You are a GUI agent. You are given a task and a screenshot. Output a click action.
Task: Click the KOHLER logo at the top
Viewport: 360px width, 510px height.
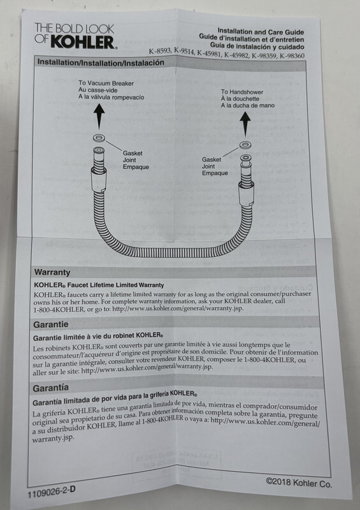75,36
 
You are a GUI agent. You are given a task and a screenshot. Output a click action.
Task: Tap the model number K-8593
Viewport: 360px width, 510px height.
160,51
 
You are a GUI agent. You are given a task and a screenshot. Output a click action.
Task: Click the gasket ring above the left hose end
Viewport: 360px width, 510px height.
99,138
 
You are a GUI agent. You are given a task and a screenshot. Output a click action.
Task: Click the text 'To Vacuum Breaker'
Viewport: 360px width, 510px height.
106,84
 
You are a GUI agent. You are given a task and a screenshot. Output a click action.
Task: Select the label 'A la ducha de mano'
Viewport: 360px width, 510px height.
248,105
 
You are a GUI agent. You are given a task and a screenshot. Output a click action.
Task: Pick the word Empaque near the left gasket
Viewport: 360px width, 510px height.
136,167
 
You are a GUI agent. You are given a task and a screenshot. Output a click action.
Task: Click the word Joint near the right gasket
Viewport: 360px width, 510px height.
208,166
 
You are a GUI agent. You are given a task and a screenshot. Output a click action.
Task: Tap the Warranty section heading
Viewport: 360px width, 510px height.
52,272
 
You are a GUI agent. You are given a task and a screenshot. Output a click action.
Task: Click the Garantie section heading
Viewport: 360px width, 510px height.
51,324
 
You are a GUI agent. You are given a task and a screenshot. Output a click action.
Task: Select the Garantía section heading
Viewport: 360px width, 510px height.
51,388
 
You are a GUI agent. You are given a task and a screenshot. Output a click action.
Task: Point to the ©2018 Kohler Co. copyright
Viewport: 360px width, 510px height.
299,483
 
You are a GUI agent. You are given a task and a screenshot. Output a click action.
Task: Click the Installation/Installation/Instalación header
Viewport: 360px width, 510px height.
101,62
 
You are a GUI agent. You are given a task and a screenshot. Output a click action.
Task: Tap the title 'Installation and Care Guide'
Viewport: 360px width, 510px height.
261,32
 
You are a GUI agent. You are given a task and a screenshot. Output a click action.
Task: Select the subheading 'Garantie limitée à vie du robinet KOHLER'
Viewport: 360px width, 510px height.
98,337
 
